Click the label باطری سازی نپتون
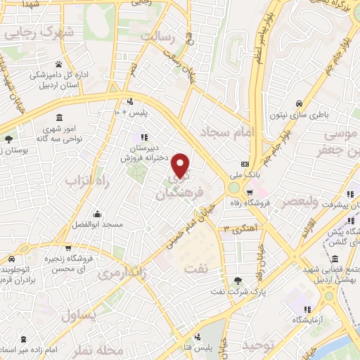point(304,112)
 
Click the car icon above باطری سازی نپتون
point(300,101)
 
